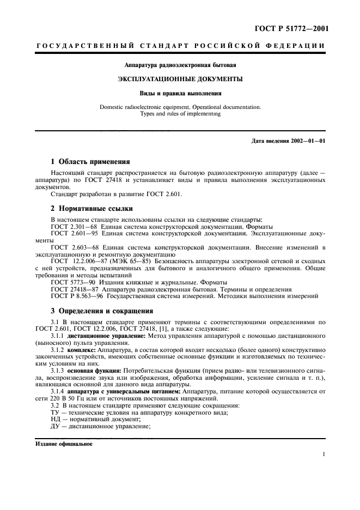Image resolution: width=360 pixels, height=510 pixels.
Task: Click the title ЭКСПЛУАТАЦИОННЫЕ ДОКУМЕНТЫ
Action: click(x=180, y=79)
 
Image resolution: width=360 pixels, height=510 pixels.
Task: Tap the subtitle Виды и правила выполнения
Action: click(x=180, y=93)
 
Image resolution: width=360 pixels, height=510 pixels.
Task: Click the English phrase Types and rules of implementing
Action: click(x=180, y=114)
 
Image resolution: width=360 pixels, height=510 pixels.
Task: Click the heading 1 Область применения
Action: click(x=90, y=162)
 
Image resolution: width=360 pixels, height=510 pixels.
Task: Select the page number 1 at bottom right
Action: click(x=324, y=454)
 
